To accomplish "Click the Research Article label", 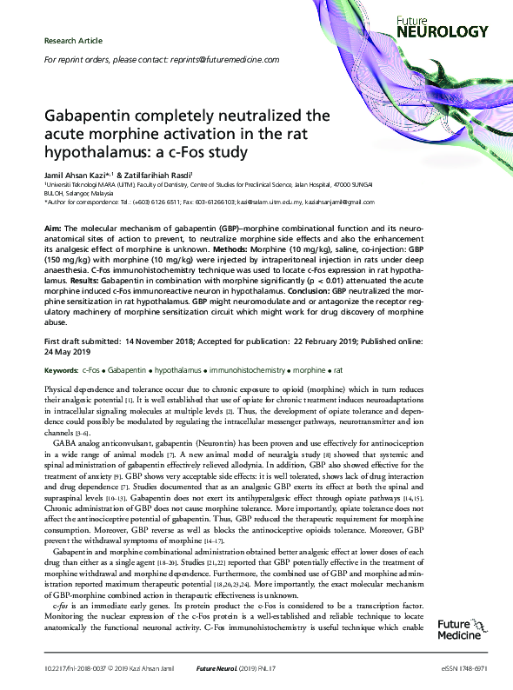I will [x=73, y=41].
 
